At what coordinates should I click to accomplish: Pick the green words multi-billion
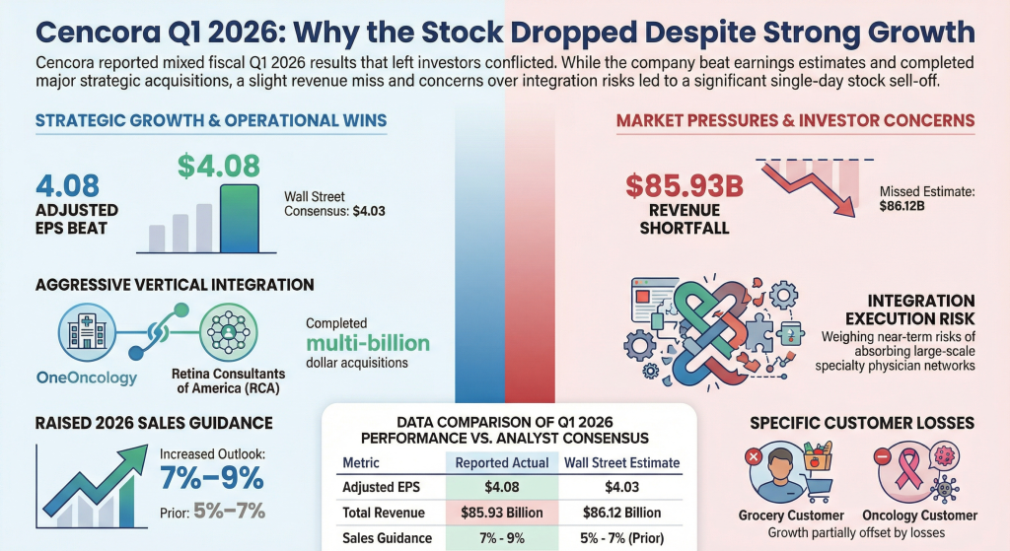tap(367, 344)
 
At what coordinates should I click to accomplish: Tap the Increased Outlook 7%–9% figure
tap(212, 479)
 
